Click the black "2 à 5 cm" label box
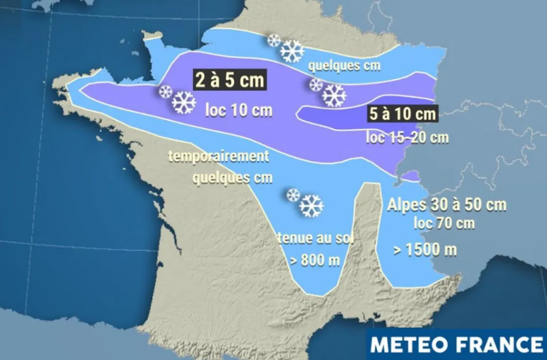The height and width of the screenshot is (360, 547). [x=229, y=80]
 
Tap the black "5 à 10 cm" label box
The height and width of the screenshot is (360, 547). [x=402, y=114]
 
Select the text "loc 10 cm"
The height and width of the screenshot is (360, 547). [x=239, y=110]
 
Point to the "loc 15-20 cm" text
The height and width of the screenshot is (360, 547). [x=407, y=137]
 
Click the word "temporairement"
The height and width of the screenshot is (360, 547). [x=219, y=157]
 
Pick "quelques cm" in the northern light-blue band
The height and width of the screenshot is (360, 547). [x=344, y=66]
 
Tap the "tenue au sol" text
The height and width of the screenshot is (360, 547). [x=315, y=239]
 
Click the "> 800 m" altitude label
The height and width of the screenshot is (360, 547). [x=314, y=261]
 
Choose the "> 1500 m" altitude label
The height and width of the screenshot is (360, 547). [x=425, y=250]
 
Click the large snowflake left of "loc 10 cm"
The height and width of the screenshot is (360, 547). [x=184, y=102]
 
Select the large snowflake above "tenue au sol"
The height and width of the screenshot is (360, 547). [x=312, y=206]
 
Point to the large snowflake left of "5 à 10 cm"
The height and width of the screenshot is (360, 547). [x=334, y=95]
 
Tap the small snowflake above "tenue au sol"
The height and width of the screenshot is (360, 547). [x=293, y=195]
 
